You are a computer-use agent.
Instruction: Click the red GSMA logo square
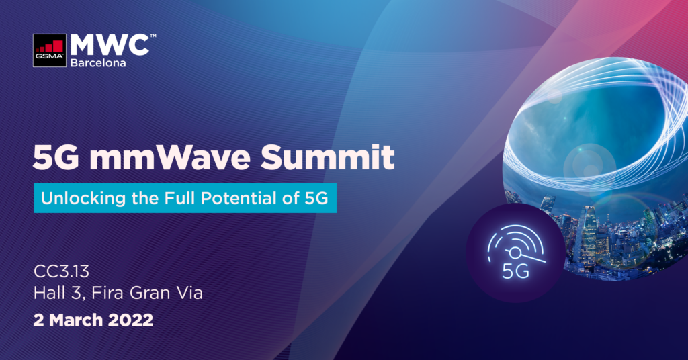[52, 51]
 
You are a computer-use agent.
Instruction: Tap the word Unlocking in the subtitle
[72, 199]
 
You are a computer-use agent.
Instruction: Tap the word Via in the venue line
[187, 294]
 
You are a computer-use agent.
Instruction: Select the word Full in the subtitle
[193, 199]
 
